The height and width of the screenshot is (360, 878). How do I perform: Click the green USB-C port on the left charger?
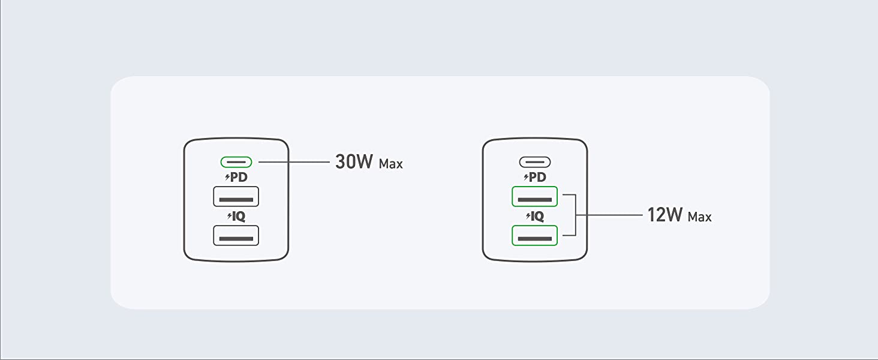click(236, 162)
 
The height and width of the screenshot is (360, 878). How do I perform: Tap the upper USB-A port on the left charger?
click(236, 196)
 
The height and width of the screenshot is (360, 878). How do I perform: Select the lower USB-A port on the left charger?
click(236, 235)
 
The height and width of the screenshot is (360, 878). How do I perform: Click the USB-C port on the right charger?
click(535, 162)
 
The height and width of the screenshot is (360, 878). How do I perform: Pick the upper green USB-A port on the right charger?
click(535, 196)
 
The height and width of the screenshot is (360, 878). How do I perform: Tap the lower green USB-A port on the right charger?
click(535, 235)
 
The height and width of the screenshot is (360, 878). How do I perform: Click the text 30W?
click(354, 162)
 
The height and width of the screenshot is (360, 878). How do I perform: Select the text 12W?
click(665, 215)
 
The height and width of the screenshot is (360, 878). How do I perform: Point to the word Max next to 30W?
click(391, 164)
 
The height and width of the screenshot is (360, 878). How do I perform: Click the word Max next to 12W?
click(699, 217)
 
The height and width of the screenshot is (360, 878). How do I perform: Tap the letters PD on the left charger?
click(239, 178)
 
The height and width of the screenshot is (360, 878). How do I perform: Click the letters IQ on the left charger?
click(239, 217)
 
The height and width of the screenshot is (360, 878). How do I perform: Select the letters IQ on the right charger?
click(538, 217)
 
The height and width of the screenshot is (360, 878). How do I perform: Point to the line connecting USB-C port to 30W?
click(294, 162)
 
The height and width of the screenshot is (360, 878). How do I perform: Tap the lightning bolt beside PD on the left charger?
click(227, 178)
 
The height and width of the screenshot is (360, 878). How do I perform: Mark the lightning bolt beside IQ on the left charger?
click(228, 217)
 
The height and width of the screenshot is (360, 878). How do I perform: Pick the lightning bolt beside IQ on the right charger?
click(527, 217)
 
